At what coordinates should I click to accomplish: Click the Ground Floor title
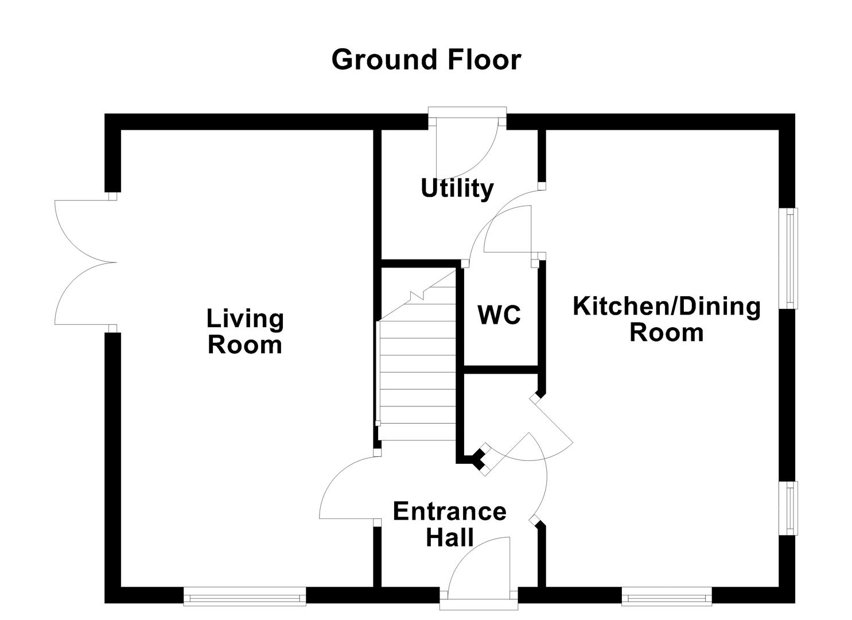426,60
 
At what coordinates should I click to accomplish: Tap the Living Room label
245,331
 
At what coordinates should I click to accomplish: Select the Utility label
457,188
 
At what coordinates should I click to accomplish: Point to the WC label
499,315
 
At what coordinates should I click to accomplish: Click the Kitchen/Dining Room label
666,319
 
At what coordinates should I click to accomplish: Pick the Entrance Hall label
449,524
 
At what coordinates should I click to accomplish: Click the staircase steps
417,379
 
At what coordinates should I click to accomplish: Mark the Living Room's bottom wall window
244,596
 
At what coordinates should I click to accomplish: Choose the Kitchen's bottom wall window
667,596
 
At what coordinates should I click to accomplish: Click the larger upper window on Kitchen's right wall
791,258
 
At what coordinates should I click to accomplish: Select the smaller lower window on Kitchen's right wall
791,508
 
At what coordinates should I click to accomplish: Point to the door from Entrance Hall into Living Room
347,488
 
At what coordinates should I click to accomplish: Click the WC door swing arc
508,230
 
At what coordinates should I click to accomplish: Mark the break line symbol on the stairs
418,296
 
